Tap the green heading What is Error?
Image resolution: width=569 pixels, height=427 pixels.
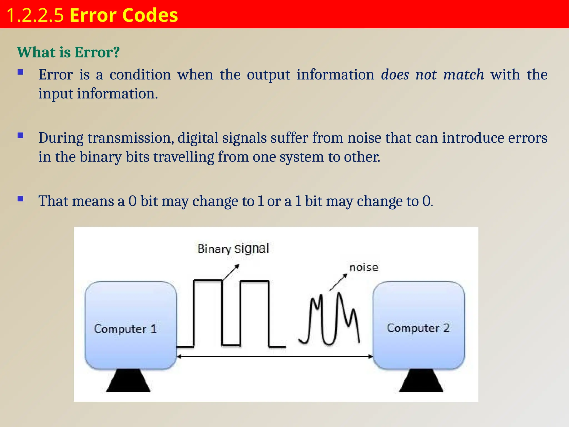click(x=68, y=52)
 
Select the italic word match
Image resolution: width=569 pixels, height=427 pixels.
click(x=463, y=75)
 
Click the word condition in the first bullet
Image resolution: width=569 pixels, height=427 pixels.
click(x=140, y=75)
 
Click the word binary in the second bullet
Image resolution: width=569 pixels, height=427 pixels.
click(x=101, y=157)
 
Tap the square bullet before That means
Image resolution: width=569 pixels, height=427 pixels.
click(x=20, y=199)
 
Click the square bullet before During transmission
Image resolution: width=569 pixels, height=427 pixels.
click(x=20, y=136)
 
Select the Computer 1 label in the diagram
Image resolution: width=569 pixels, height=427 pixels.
click(x=125, y=329)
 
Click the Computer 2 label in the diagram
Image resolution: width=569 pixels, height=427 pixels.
click(x=418, y=328)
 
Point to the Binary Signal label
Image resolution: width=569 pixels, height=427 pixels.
click(x=233, y=248)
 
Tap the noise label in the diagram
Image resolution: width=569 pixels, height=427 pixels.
click(x=364, y=267)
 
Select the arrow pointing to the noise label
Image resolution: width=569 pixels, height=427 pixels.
click(x=338, y=282)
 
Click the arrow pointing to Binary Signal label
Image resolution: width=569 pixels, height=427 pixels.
click(x=231, y=272)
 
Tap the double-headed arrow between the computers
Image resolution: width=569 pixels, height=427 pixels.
click(x=275, y=356)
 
